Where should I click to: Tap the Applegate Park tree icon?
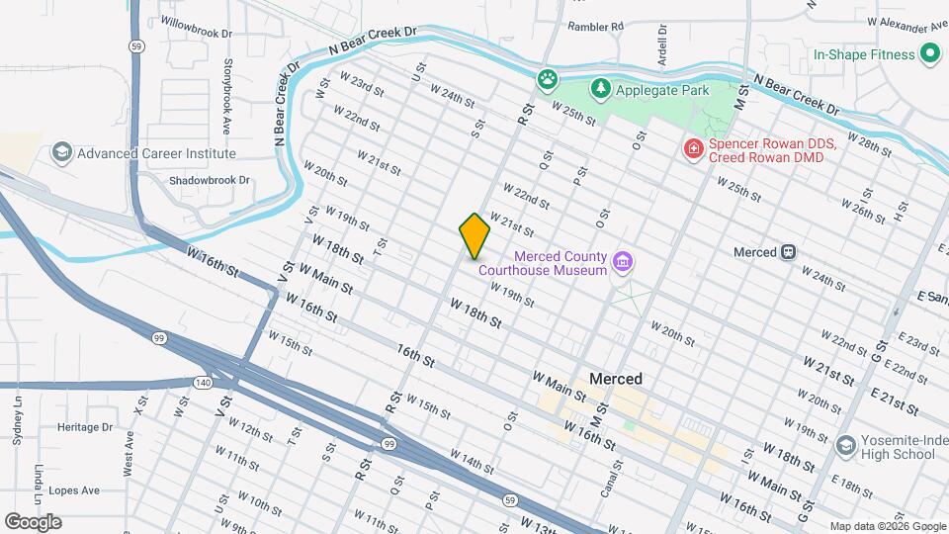tap(600, 90)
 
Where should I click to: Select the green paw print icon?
tap(546, 77)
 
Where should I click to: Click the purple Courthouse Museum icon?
tap(623, 262)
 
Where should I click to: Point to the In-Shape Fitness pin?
tap(929, 54)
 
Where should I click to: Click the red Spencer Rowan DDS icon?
tap(694, 150)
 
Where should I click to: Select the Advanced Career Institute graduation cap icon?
tap(61, 153)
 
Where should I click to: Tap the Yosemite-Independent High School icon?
tap(845, 447)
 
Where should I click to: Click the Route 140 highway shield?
tap(204, 382)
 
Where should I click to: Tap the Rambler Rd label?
tap(595, 27)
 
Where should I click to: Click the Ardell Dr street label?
tap(663, 44)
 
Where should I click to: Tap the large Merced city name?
tap(615, 379)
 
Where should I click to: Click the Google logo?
tap(33, 522)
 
